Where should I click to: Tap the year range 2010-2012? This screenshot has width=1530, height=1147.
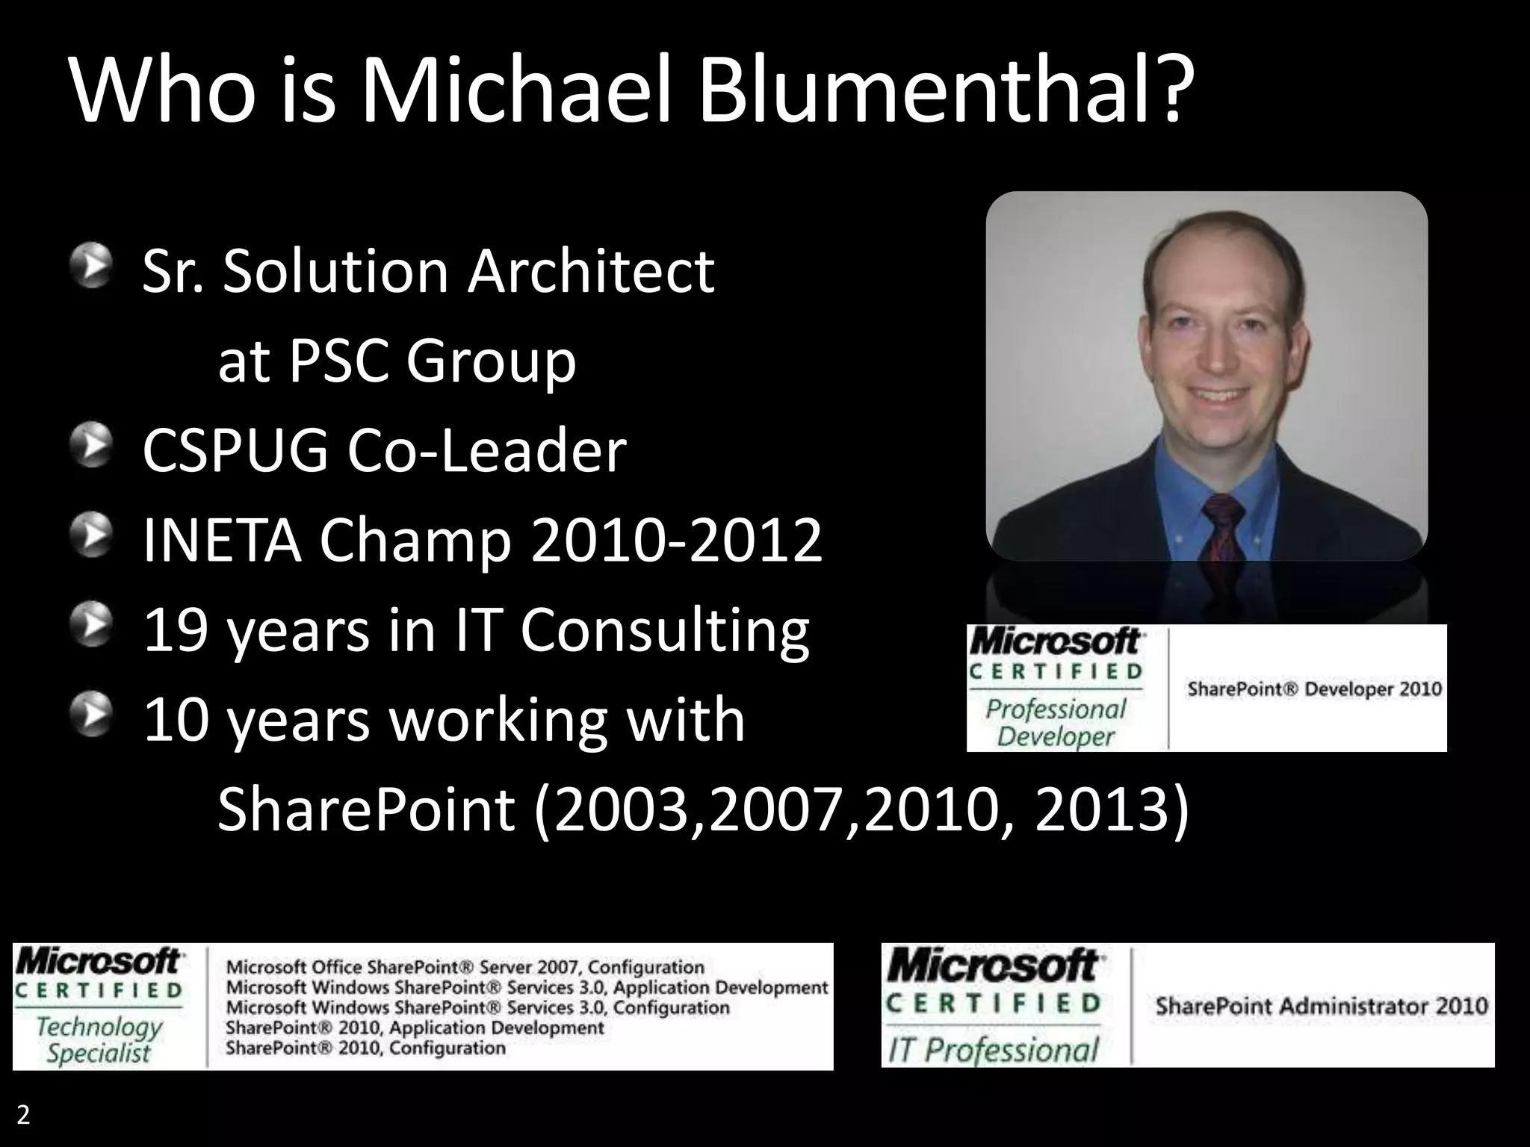[676, 541]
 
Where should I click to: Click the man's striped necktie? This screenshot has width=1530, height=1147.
[1223, 531]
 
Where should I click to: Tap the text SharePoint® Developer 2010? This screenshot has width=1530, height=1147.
[1314, 688]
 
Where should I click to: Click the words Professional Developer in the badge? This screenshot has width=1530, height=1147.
[1055, 722]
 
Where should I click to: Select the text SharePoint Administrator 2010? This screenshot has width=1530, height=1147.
[1322, 1007]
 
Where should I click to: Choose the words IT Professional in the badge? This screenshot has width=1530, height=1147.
[993, 1050]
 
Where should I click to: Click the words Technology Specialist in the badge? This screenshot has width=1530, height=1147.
[99, 1039]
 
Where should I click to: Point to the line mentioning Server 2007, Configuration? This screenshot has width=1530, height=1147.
[465, 967]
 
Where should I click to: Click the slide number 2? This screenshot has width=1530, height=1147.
[23, 1115]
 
